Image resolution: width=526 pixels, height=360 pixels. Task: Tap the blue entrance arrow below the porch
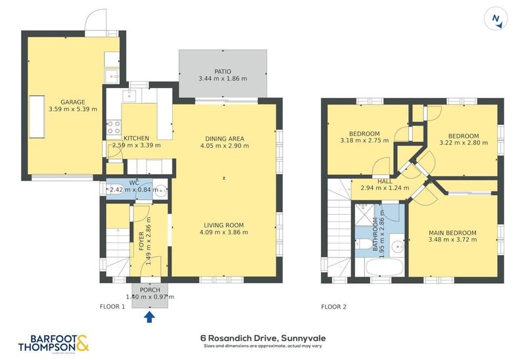click(150, 317)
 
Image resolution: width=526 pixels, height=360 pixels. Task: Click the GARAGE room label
click(73, 102)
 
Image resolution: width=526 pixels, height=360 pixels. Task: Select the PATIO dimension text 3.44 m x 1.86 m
click(223, 79)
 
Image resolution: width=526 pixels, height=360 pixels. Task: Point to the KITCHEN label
click(127, 138)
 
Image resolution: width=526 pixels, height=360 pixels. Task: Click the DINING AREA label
click(224, 139)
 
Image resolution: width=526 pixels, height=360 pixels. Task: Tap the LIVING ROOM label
click(226, 225)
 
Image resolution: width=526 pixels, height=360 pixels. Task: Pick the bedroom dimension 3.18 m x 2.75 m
click(364, 140)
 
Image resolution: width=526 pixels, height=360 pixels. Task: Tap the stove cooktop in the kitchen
click(113, 125)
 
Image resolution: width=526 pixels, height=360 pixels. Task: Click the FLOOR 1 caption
click(112, 307)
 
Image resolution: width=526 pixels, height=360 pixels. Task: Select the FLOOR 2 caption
click(334, 307)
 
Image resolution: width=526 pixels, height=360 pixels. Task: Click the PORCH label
click(150, 289)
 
